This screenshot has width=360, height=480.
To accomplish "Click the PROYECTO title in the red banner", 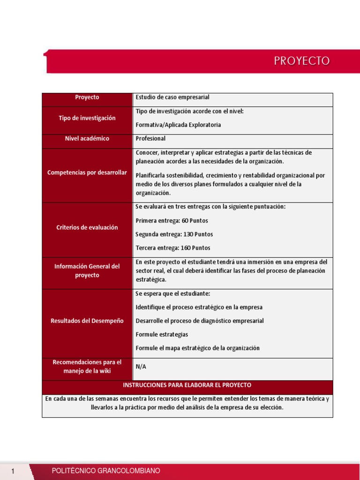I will (302, 61).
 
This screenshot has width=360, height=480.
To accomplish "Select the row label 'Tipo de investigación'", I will (87, 118).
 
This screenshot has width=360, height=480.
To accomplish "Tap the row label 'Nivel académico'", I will (87, 139).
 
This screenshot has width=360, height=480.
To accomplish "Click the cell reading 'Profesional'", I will (150, 139).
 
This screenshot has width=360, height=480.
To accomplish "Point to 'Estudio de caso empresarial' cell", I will (172, 97).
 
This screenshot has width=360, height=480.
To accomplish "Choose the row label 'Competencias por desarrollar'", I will (87, 172).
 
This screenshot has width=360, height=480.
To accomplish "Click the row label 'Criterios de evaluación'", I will (87, 227).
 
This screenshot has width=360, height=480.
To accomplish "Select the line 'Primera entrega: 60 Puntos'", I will (172, 221).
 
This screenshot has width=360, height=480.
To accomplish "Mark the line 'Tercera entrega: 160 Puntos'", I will (173, 248).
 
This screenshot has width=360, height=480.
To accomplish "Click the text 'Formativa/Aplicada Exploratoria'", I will (178, 125).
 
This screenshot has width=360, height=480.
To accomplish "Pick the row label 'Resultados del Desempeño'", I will (87, 321).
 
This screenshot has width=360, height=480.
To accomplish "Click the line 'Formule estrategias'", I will (162, 335).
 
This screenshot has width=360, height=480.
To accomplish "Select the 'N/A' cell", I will (141, 367).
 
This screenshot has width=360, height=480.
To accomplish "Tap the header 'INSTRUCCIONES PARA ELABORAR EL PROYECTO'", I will (187, 385).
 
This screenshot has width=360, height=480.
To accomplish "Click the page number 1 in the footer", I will (14, 471).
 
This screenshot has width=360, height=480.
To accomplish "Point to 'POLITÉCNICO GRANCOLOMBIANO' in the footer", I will (106, 471).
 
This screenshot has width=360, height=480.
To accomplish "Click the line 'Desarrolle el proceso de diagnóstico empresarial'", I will (200, 321).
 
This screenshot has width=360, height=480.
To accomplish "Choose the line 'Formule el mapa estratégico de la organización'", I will (197, 348).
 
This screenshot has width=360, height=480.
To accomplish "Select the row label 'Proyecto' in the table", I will (87, 97).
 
